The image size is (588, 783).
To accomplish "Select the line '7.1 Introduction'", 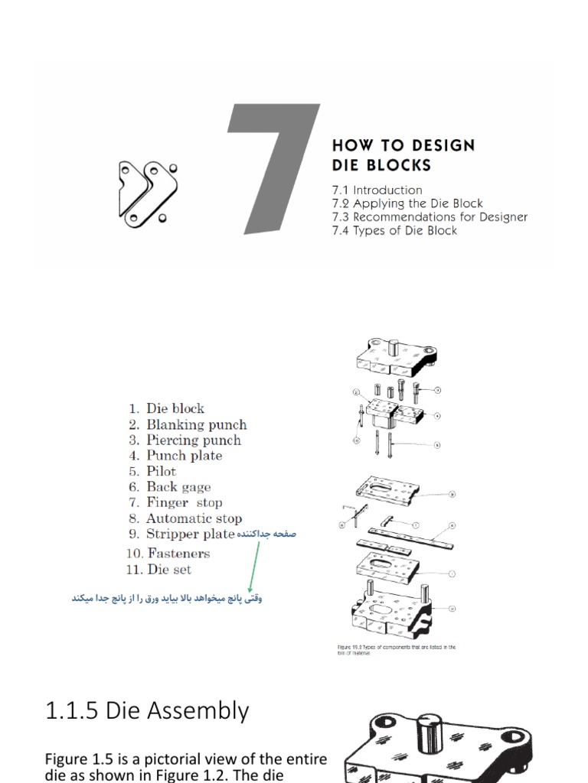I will point(377,190).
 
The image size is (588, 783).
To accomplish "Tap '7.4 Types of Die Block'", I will point(394,230).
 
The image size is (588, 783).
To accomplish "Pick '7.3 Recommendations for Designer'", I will point(430,216).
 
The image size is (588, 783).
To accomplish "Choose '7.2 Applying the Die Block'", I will point(407,203).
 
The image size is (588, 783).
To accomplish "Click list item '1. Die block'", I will point(166,408).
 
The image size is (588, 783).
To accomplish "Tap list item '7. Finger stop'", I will point(175,502).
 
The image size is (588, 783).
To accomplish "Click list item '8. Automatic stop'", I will point(185,518).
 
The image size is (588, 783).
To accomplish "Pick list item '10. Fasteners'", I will point(168,553).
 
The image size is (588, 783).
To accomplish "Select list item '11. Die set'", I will point(159,569).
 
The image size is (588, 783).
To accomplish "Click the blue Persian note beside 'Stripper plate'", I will point(266,534).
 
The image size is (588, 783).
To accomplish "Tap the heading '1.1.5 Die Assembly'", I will point(147,710).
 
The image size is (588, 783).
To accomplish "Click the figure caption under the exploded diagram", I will point(397,649).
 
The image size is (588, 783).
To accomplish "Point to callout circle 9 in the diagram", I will point(452,495).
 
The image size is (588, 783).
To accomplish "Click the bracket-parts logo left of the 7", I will point(147,192).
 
